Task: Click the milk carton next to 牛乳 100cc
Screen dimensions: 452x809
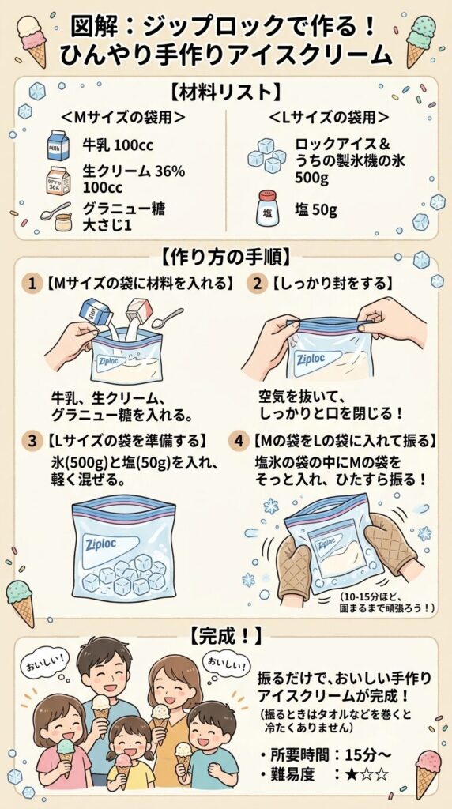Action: point(58,145)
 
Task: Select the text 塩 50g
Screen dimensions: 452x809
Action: point(316,210)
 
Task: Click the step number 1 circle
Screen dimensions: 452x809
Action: point(32,284)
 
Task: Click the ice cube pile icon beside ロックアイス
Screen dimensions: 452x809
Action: point(266,154)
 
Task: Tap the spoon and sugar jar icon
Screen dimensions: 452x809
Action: point(57,216)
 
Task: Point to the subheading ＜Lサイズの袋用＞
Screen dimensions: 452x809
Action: point(329,117)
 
